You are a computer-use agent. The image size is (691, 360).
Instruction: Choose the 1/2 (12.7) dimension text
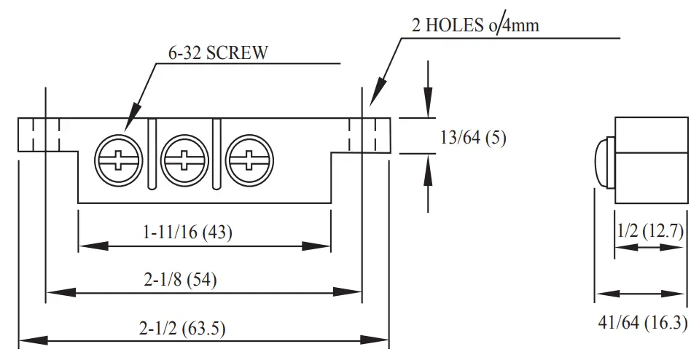(x=650, y=232)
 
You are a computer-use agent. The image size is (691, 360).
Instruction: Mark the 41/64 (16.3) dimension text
(x=641, y=322)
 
